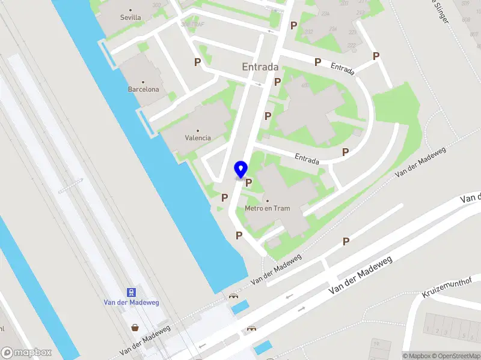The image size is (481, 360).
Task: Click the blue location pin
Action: (241, 170)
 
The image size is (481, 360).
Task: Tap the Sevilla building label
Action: (130, 17)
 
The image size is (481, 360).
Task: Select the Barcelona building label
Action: (144, 89)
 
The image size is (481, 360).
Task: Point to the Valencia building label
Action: (198, 138)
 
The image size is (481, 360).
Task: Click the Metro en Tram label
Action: (268, 209)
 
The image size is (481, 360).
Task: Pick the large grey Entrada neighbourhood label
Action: (260, 67)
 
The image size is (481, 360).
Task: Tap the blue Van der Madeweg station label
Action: (130, 302)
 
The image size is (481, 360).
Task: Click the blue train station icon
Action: (130, 292)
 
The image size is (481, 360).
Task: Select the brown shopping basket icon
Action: (136, 328)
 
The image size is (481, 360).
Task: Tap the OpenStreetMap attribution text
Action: (456, 356)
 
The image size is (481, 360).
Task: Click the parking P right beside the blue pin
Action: (248, 182)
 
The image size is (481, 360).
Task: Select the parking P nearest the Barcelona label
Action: (197, 62)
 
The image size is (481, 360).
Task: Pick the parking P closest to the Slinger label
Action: (376, 56)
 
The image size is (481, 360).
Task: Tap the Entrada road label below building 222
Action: (342, 68)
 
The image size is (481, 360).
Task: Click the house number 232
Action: (308, 32)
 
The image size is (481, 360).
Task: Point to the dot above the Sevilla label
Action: (130, 10)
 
